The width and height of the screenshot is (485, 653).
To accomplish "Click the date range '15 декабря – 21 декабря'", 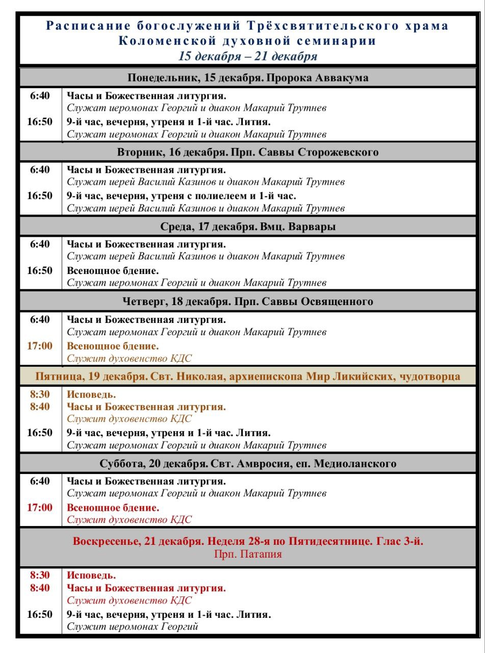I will click(247, 56).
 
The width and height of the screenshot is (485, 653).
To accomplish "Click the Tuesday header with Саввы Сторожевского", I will click(247, 152).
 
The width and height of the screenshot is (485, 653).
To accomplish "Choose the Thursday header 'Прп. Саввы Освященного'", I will click(247, 302).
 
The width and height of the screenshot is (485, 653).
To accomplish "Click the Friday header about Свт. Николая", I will click(247, 376).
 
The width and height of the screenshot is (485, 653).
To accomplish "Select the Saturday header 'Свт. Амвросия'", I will click(247, 464).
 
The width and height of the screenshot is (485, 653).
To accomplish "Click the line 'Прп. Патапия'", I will click(247, 554).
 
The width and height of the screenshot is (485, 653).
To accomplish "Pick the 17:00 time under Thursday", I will click(40, 346).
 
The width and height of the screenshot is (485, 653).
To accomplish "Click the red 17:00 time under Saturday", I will click(40, 508).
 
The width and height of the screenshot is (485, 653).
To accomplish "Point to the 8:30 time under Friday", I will click(40, 394).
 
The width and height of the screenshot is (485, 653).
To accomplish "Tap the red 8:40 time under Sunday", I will click(40, 588).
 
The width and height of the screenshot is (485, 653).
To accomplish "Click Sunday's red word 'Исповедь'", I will click(91, 575).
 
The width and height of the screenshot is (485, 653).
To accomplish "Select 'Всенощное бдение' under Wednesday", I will click(113, 271).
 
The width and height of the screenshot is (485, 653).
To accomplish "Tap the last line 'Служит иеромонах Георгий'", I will click(132, 626).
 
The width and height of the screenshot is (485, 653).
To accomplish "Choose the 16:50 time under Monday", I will click(40, 122).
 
